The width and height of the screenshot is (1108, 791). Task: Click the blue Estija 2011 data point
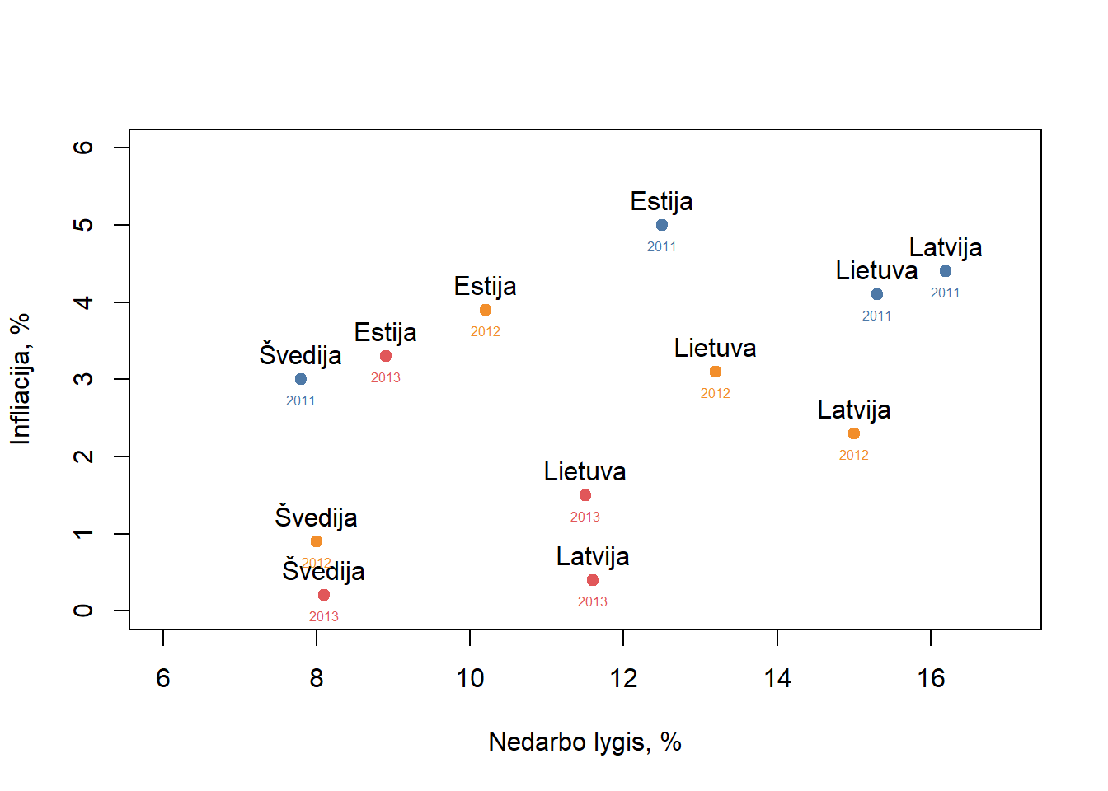point(662,225)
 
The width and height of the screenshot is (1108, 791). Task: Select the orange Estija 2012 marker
point(486,310)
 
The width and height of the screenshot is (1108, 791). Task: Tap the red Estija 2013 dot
point(386,356)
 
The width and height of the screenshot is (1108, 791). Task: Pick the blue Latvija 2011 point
point(946,271)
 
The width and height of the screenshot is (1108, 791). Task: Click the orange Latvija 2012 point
point(854,433)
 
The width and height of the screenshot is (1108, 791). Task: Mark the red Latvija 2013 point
point(593,580)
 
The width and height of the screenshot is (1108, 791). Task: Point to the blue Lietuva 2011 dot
point(877,294)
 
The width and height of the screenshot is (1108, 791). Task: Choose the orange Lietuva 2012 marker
point(716,372)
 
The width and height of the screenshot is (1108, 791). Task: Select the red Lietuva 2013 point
point(585,495)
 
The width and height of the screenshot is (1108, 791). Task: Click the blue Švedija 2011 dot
point(301,379)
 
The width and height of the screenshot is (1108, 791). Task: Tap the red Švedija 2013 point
point(324,595)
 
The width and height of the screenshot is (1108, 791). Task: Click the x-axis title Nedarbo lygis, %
point(585,742)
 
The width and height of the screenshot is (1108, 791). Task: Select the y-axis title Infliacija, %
point(20,379)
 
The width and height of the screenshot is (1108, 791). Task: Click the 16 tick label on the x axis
point(931,678)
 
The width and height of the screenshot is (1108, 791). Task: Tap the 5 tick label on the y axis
point(83,225)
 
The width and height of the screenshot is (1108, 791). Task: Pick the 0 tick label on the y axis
point(83,611)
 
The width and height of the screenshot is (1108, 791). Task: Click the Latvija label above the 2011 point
point(946,247)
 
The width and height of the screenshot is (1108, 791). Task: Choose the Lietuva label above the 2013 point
point(585,471)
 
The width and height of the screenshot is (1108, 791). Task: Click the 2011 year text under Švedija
point(301,401)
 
